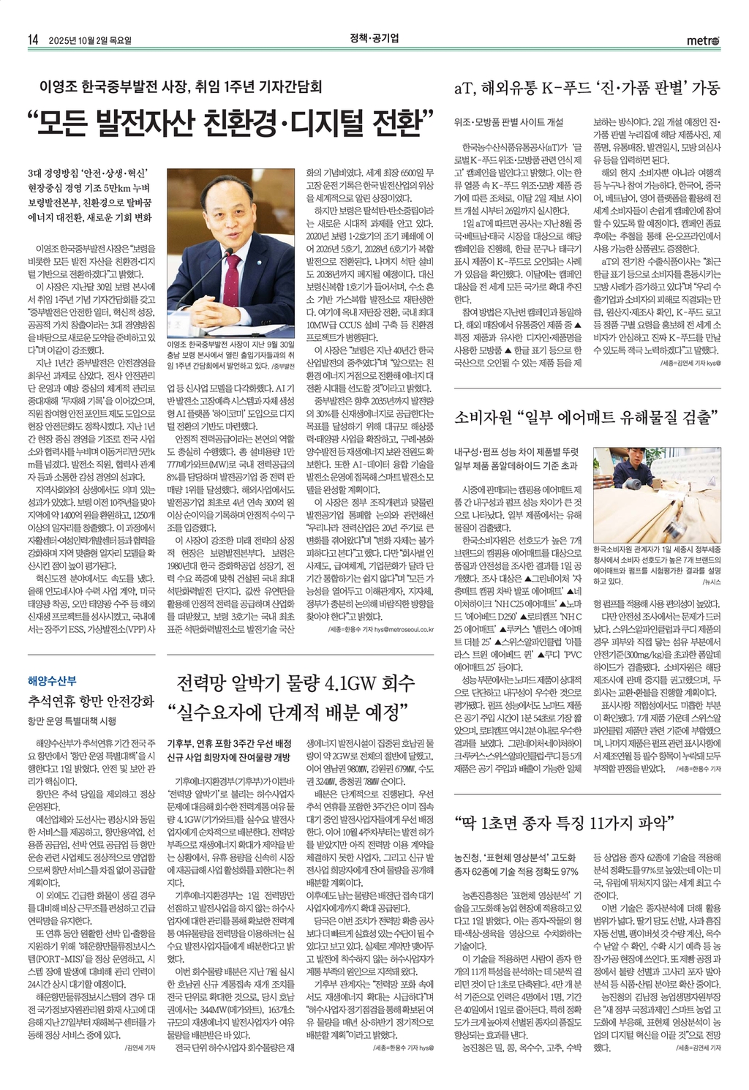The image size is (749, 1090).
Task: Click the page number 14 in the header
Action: point(32,40)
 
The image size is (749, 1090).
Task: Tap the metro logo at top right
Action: point(702,40)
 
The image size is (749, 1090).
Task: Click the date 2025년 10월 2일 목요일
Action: point(91,40)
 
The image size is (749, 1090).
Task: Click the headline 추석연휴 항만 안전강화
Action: point(91,701)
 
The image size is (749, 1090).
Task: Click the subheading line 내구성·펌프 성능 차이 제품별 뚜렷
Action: point(516,451)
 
